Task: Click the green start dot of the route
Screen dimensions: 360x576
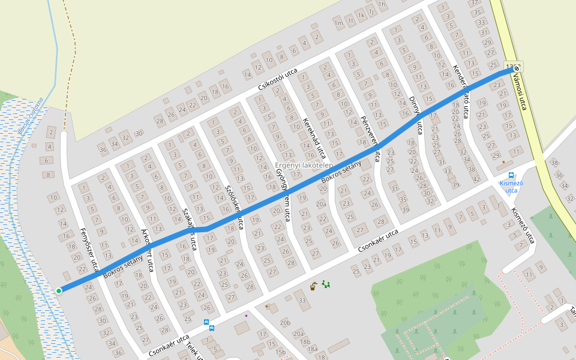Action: (x=59, y=291)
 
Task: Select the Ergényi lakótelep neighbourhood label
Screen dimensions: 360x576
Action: (x=303, y=165)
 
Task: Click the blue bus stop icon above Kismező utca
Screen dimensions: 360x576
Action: (x=511, y=175)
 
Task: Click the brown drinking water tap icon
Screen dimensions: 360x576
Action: (x=313, y=286)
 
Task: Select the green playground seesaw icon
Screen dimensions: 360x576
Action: (x=326, y=284)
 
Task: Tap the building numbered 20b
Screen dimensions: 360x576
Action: (x=285, y=323)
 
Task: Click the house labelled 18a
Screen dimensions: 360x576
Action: (x=311, y=349)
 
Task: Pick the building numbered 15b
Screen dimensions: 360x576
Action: (x=281, y=352)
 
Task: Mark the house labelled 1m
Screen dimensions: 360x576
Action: (x=338, y=23)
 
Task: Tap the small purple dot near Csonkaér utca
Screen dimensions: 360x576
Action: (x=246, y=315)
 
